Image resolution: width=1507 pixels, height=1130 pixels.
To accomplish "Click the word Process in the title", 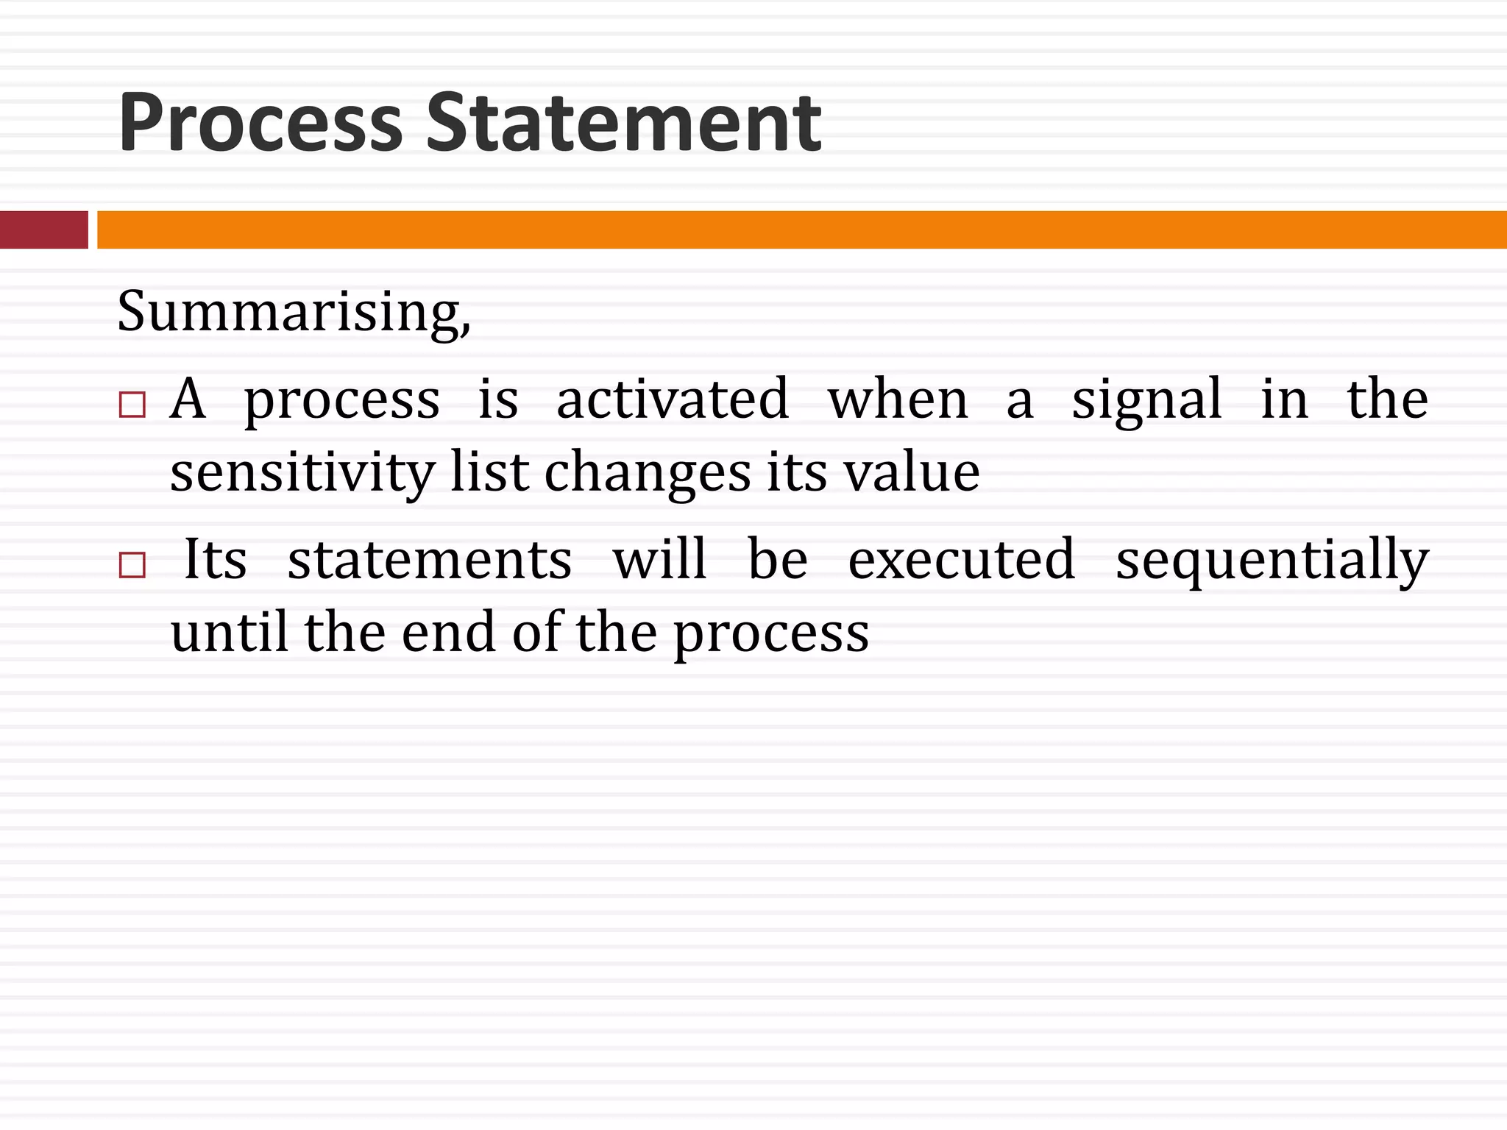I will [x=260, y=122].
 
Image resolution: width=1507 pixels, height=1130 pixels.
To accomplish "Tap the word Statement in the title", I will [x=623, y=122].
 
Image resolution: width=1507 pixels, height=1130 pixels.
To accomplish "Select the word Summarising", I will [x=293, y=312].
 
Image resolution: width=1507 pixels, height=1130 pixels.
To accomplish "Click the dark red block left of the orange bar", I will [x=43, y=230].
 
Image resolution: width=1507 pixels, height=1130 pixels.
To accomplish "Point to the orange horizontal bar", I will [x=801, y=230].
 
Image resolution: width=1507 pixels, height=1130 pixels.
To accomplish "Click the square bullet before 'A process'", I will [x=132, y=405].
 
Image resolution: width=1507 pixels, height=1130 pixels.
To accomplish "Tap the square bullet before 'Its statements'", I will [x=132, y=565].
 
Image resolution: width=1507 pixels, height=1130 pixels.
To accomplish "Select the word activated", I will [x=673, y=399].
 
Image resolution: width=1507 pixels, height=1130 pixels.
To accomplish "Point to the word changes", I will [x=648, y=472].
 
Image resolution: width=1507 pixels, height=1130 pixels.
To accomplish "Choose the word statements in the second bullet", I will [x=430, y=559].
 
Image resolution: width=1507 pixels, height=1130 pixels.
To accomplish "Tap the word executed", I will [x=962, y=559].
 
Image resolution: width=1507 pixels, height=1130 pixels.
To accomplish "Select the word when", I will [x=898, y=399].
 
